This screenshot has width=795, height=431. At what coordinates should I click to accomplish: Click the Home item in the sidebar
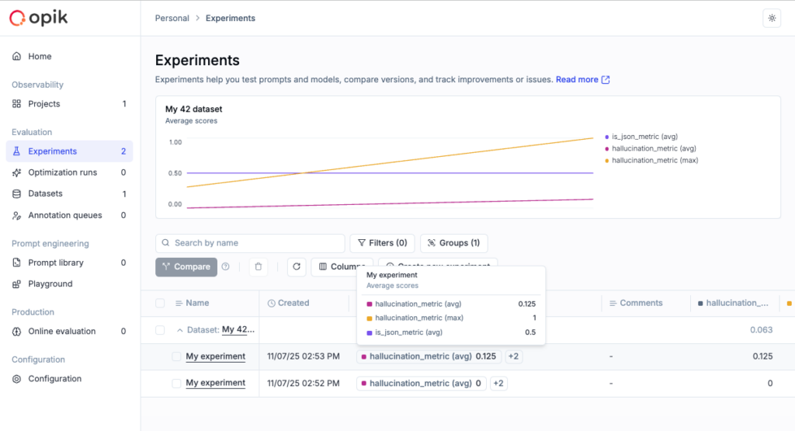(x=39, y=57)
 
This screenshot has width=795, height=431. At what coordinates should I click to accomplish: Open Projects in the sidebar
(x=43, y=104)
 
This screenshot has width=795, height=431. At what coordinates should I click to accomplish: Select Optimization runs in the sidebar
(x=62, y=172)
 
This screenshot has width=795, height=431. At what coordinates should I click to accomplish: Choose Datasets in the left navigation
(x=45, y=193)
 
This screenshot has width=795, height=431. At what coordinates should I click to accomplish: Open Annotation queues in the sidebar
(x=64, y=215)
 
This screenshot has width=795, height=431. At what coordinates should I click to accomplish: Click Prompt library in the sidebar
(x=55, y=262)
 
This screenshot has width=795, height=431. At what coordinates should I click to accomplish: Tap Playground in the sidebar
(x=50, y=284)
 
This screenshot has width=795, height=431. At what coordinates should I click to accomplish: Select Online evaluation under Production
(x=61, y=332)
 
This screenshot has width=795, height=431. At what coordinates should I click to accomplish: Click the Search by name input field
(x=250, y=243)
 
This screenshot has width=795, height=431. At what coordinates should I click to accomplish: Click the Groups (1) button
(x=453, y=243)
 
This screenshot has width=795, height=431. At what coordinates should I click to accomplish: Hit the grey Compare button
(x=186, y=267)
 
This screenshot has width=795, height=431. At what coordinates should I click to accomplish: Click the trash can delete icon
(x=259, y=267)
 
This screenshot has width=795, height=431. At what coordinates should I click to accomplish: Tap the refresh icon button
(x=296, y=267)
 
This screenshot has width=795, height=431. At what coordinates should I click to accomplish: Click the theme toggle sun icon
(x=771, y=18)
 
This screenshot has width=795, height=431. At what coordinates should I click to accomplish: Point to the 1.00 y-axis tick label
(x=175, y=142)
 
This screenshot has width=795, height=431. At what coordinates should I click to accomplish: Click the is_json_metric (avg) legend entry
(x=644, y=137)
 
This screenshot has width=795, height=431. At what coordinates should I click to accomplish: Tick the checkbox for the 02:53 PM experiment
(x=176, y=356)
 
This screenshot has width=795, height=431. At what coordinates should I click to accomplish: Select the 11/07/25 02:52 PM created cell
(x=303, y=383)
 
